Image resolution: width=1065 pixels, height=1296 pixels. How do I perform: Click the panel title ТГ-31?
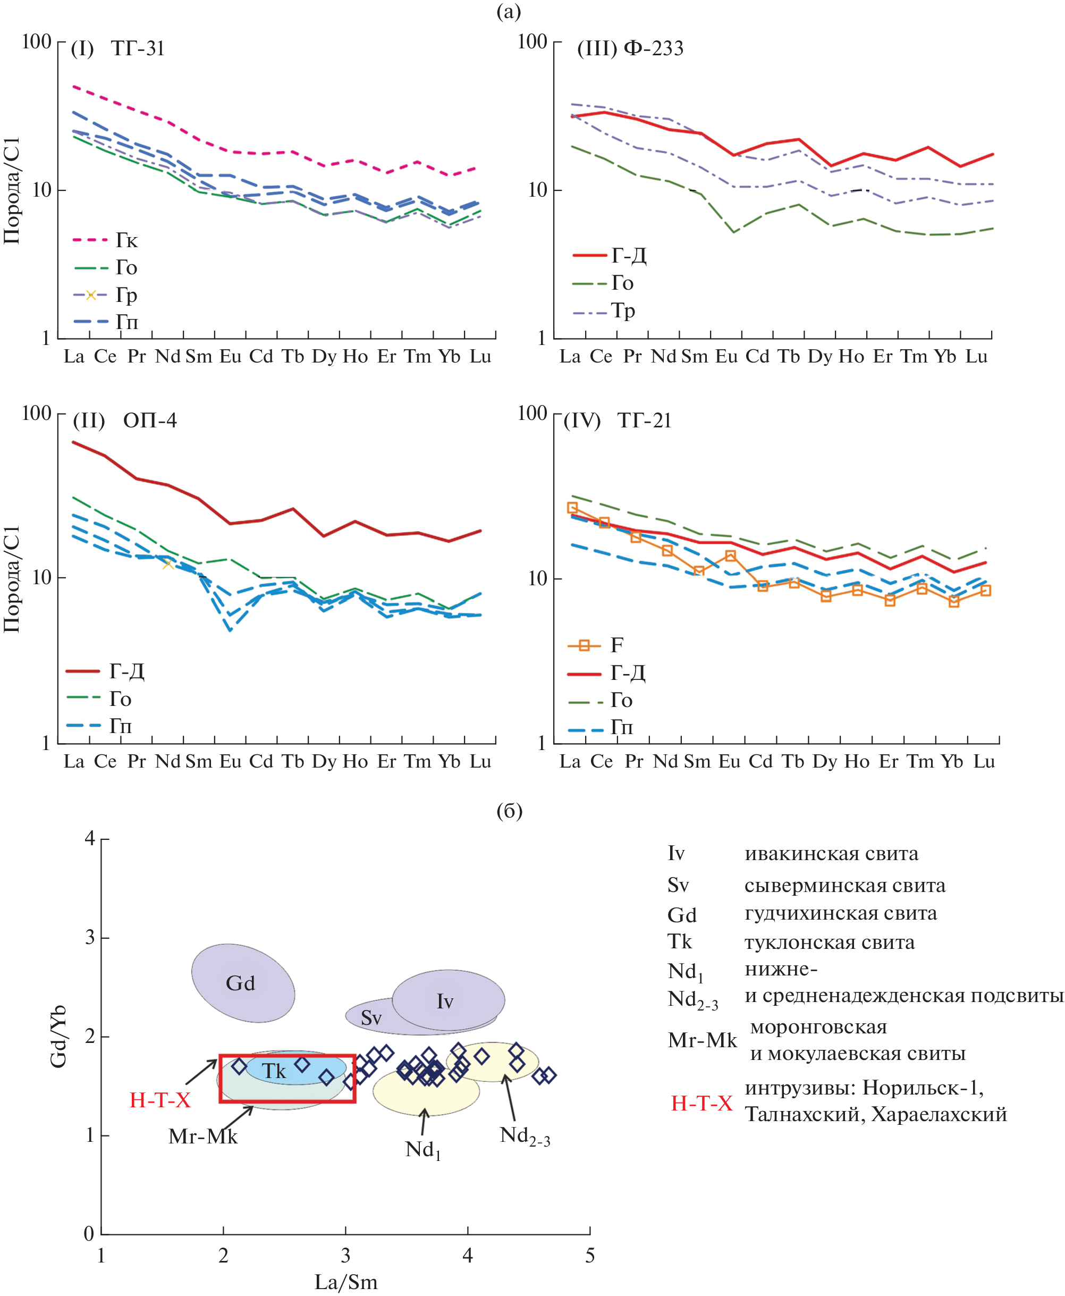pyautogui.click(x=138, y=48)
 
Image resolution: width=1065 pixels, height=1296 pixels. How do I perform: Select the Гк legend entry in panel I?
pyautogui.click(x=126, y=240)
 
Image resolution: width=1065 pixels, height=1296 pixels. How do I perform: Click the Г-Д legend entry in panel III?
pyautogui.click(x=629, y=255)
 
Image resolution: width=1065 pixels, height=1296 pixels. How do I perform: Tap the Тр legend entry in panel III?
pyautogui.click(x=623, y=310)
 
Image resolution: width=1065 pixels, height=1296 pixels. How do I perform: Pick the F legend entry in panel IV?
pyautogui.click(x=616, y=645)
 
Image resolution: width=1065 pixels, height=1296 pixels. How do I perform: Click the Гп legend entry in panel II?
pyautogui.click(x=120, y=726)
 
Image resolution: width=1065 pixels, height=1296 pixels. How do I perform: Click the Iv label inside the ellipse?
pyautogui.click(x=445, y=1002)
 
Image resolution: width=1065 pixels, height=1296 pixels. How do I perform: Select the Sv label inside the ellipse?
pyautogui.click(x=371, y=1018)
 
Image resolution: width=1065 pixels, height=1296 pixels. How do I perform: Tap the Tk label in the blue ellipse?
pyautogui.click(x=274, y=1072)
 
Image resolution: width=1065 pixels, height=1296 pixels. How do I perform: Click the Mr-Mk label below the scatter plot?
pyautogui.click(x=202, y=1137)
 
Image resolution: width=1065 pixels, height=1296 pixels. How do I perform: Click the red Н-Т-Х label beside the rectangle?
pyautogui.click(x=160, y=1100)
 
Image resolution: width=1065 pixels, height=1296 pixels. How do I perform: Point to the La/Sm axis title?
pyautogui.click(x=346, y=1282)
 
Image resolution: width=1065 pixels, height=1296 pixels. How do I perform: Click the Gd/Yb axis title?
pyautogui.click(x=58, y=1037)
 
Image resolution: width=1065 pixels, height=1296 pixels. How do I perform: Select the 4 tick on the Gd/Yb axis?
pyautogui.click(x=90, y=838)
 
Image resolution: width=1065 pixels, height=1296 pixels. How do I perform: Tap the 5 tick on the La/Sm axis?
pyautogui.click(x=589, y=1256)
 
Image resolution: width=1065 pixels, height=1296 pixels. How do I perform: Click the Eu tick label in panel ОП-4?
pyautogui.click(x=230, y=762)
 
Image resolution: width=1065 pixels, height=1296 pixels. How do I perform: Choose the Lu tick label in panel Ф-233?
pyautogui.click(x=976, y=357)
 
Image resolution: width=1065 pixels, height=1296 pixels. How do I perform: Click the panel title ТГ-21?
pyautogui.click(x=644, y=420)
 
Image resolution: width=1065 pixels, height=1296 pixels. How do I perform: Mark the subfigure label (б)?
pyautogui.click(x=509, y=811)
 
